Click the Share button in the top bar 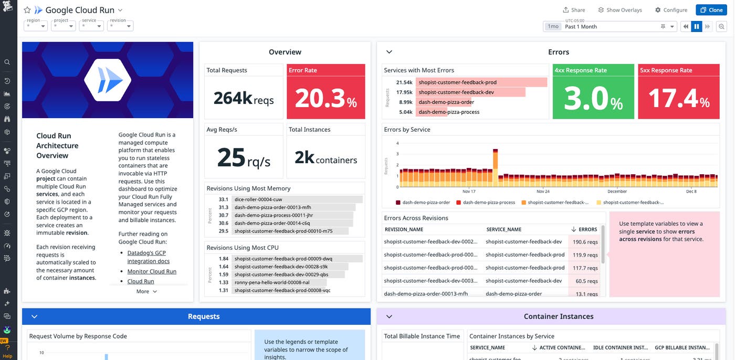[x=574, y=10]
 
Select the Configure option [x=671, y=10]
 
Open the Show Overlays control [x=620, y=10]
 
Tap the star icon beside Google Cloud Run [x=27, y=10]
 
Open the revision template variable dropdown [x=120, y=26]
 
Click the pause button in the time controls [x=697, y=26]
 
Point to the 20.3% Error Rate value [x=325, y=98]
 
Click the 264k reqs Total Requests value [x=243, y=98]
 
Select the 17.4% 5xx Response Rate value [x=679, y=98]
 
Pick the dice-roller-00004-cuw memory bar [x=297, y=199]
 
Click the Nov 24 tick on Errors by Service [x=543, y=191]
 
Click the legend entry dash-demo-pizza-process [x=488, y=202]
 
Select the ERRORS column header [x=587, y=229]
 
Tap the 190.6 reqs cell [x=585, y=242]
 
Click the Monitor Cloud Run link [x=152, y=271]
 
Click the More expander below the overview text [x=146, y=291]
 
